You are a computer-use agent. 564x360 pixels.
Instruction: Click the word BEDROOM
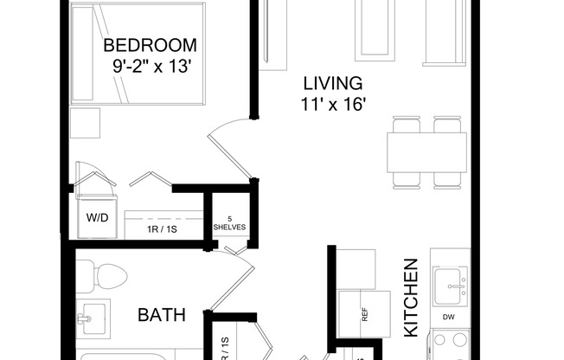pos(150,45)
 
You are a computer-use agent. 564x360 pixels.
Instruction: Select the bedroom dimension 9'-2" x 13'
pos(150,65)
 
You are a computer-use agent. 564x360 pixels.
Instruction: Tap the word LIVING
pos(331,84)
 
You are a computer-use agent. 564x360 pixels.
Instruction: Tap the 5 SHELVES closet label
pos(229,222)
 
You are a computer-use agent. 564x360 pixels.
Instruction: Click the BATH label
pos(162,315)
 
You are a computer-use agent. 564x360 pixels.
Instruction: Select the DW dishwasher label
pos(447,318)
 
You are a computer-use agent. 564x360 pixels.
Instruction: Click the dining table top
pos(424,151)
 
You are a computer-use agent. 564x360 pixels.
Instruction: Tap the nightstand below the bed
pos(87,125)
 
